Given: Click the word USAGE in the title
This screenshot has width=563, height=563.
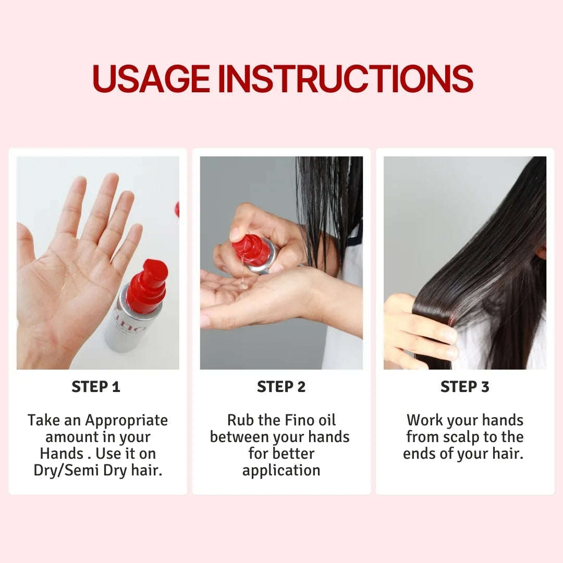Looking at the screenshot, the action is pyautogui.click(x=151, y=78).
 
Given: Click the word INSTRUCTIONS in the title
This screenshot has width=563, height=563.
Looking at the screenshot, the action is pyautogui.click(x=346, y=78).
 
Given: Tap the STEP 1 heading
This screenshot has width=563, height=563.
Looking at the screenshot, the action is pyautogui.click(x=96, y=387).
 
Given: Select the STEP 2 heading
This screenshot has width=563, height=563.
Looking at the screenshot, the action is pyautogui.click(x=281, y=387).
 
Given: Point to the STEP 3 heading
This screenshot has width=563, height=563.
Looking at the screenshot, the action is pyautogui.click(x=465, y=387).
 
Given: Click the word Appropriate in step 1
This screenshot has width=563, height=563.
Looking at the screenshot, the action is pyautogui.click(x=126, y=421).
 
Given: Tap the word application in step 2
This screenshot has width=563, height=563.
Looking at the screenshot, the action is pyautogui.click(x=281, y=471).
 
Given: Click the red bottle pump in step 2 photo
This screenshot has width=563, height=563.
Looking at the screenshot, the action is pyautogui.click(x=250, y=250).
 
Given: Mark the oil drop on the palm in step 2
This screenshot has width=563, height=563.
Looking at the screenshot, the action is pyautogui.click(x=243, y=286).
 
